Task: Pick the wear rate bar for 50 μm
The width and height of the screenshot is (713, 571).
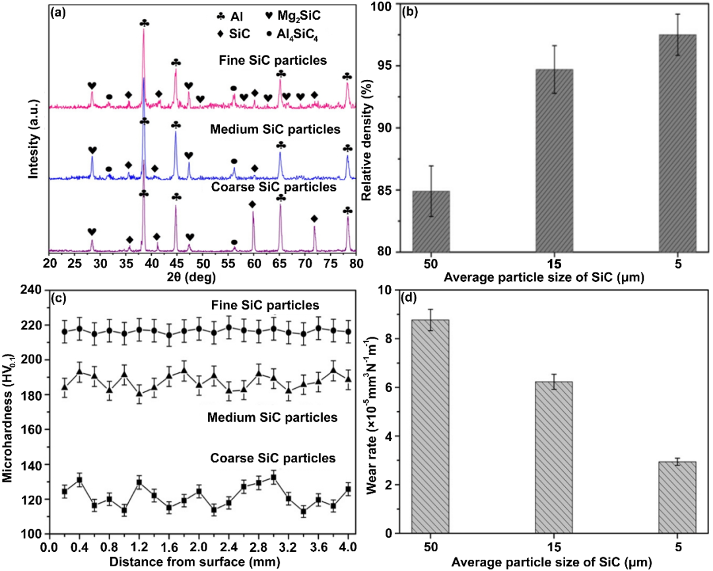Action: point(431,426)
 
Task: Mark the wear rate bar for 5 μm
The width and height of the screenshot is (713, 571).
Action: point(677,497)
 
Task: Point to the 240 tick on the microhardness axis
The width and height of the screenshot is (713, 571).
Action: point(31,290)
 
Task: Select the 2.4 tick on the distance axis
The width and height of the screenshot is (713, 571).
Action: point(228,547)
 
